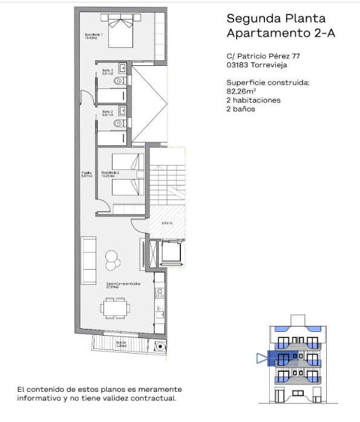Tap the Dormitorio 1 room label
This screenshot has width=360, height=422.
pyautogui.click(x=94, y=36)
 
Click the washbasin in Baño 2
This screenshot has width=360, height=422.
pyautogui.click(x=122, y=110)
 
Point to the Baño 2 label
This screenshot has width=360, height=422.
pyautogui.click(x=106, y=112)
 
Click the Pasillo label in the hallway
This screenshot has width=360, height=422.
pyautogui.click(x=87, y=175)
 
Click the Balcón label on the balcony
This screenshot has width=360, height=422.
pyautogui.click(x=122, y=343)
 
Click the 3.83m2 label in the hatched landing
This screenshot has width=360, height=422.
pyautogui.click(x=167, y=222)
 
